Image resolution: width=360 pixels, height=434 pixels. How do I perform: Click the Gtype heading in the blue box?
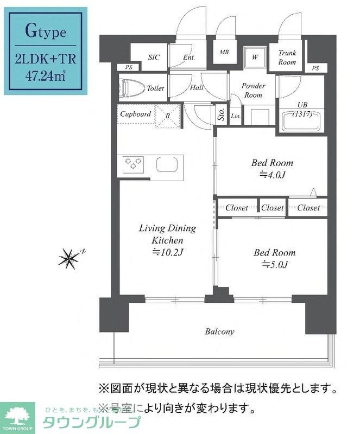46,31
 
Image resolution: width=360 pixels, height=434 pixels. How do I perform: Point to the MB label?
224,53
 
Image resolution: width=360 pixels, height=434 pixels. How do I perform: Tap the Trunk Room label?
287,58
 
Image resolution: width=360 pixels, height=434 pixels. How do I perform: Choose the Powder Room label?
253,91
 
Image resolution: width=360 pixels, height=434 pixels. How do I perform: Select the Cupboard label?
135,114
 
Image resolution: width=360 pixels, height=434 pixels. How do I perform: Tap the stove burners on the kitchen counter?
134,163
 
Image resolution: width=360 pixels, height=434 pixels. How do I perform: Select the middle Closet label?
272,207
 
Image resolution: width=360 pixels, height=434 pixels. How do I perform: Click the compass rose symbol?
70,258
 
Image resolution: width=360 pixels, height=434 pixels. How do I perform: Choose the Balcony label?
219,331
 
